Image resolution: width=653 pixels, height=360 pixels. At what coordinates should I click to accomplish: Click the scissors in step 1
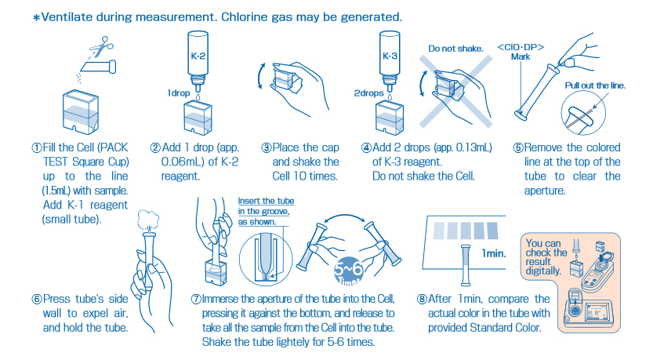tap(100, 49)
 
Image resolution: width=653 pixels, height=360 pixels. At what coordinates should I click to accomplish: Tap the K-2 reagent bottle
tap(198, 59)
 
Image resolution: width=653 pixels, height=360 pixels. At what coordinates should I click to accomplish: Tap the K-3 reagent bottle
tap(390, 59)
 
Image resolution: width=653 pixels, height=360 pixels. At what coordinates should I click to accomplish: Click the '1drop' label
tap(180, 93)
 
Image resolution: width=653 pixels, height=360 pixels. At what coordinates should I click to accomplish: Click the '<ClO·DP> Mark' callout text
tap(521, 51)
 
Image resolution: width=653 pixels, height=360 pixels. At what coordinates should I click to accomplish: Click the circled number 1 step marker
tap(36, 147)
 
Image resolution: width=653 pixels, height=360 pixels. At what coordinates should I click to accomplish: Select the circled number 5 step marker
tap(518, 147)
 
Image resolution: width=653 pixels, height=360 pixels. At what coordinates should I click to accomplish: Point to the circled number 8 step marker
tap(422, 299)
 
